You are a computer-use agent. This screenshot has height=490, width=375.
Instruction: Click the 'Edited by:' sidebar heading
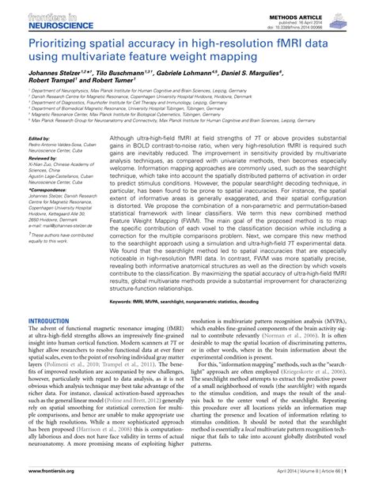click(39, 138)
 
